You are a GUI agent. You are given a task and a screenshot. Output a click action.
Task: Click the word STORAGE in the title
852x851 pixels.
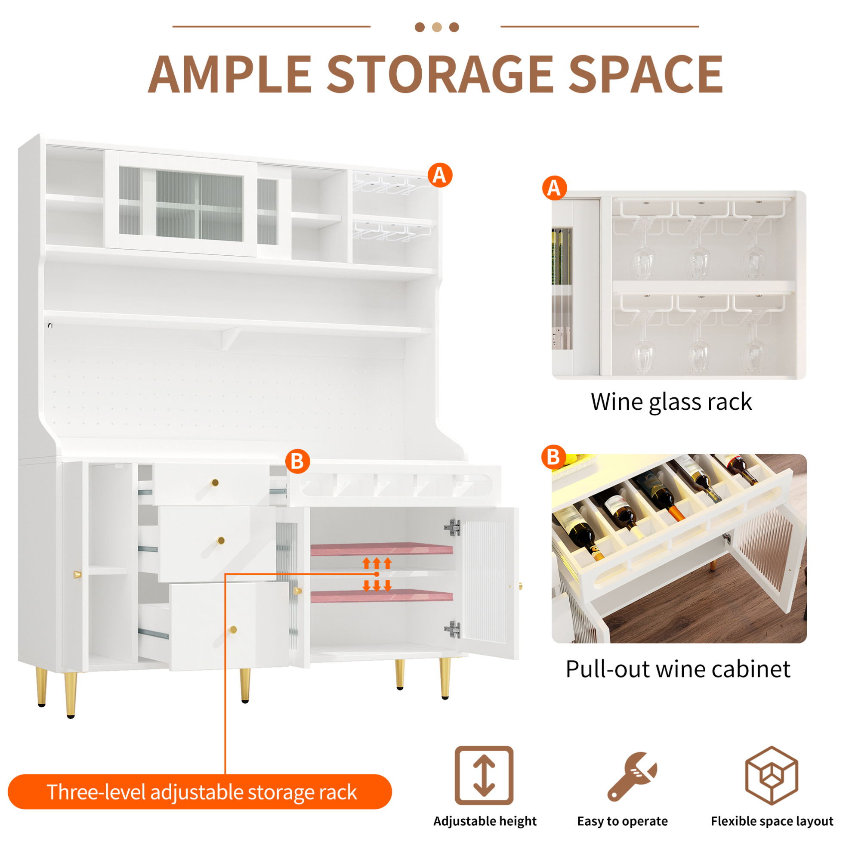pyautogui.click(x=440, y=74)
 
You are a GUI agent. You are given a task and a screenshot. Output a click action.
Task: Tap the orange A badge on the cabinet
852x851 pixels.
pyautogui.click(x=440, y=175)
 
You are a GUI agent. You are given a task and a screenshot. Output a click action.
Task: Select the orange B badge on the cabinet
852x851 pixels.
pyautogui.click(x=297, y=461)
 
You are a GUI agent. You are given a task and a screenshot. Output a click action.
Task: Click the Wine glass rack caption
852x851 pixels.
pyautogui.click(x=671, y=402)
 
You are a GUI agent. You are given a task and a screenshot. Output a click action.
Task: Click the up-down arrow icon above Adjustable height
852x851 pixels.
pyautogui.click(x=484, y=775)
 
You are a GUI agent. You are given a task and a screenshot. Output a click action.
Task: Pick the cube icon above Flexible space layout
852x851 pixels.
pyautogui.click(x=771, y=775)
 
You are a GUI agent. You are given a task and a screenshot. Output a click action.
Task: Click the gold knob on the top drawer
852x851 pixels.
pyautogui.click(x=215, y=482)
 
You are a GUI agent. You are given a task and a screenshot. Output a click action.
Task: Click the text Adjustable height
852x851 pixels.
pyautogui.click(x=485, y=821)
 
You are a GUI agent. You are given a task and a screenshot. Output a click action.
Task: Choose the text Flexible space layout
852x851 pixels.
pyautogui.click(x=772, y=821)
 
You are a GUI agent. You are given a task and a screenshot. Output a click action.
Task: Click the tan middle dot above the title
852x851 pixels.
pyautogui.click(x=437, y=28)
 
